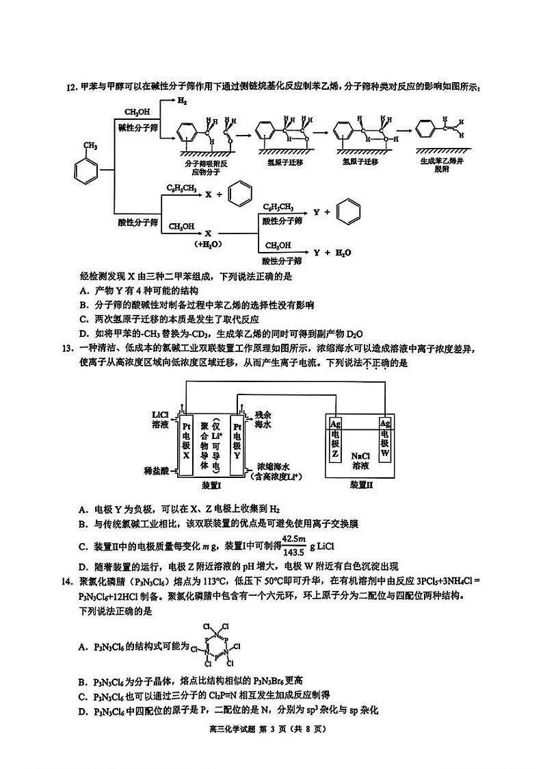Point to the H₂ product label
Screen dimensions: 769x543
tap(182, 101)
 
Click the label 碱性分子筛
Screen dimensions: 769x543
tap(138, 127)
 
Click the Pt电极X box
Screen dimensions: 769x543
tap(186, 445)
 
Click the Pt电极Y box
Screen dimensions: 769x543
tap(238, 445)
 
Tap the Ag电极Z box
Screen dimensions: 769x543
tap(334, 439)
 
